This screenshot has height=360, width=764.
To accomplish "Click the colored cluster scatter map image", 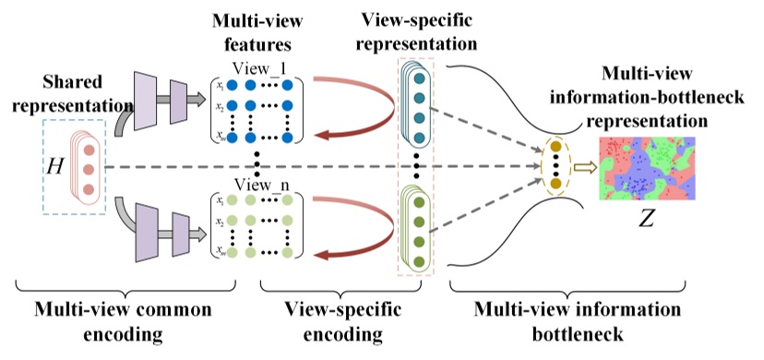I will (x=649, y=170).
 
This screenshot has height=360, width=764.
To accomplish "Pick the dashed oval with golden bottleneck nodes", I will (x=555, y=166).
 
